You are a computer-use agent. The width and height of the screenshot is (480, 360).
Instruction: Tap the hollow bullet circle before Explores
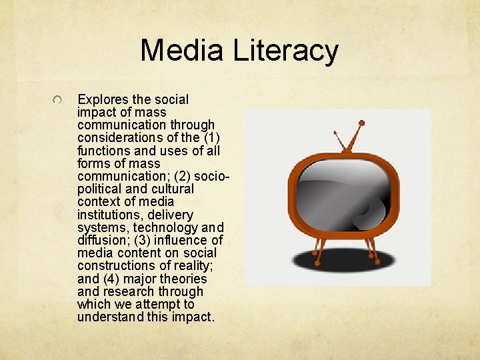point(59,100)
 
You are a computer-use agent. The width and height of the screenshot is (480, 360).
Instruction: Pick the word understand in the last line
point(107,317)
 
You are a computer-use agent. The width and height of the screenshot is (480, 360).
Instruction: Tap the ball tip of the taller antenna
point(361,123)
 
